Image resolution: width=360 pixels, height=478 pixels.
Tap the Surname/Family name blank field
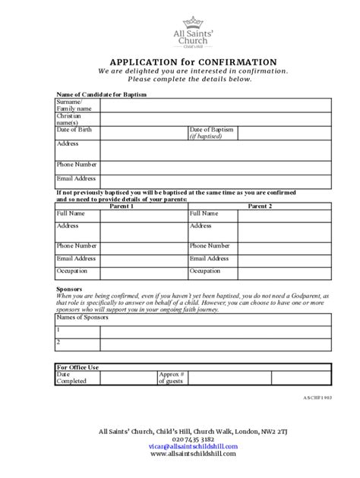(214, 105)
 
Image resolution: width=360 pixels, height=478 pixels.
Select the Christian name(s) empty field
(214, 119)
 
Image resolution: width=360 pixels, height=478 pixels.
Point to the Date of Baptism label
(211, 130)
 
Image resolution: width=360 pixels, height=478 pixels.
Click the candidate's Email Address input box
(214, 181)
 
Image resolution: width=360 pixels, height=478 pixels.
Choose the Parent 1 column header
(122, 206)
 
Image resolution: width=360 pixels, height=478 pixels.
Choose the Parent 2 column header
(259, 206)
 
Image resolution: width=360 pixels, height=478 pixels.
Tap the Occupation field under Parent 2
(284, 273)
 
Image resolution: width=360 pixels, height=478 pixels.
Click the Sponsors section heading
(70, 289)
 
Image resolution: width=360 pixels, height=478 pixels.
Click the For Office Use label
(77, 367)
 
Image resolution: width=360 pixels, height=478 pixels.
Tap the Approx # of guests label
(172, 378)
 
